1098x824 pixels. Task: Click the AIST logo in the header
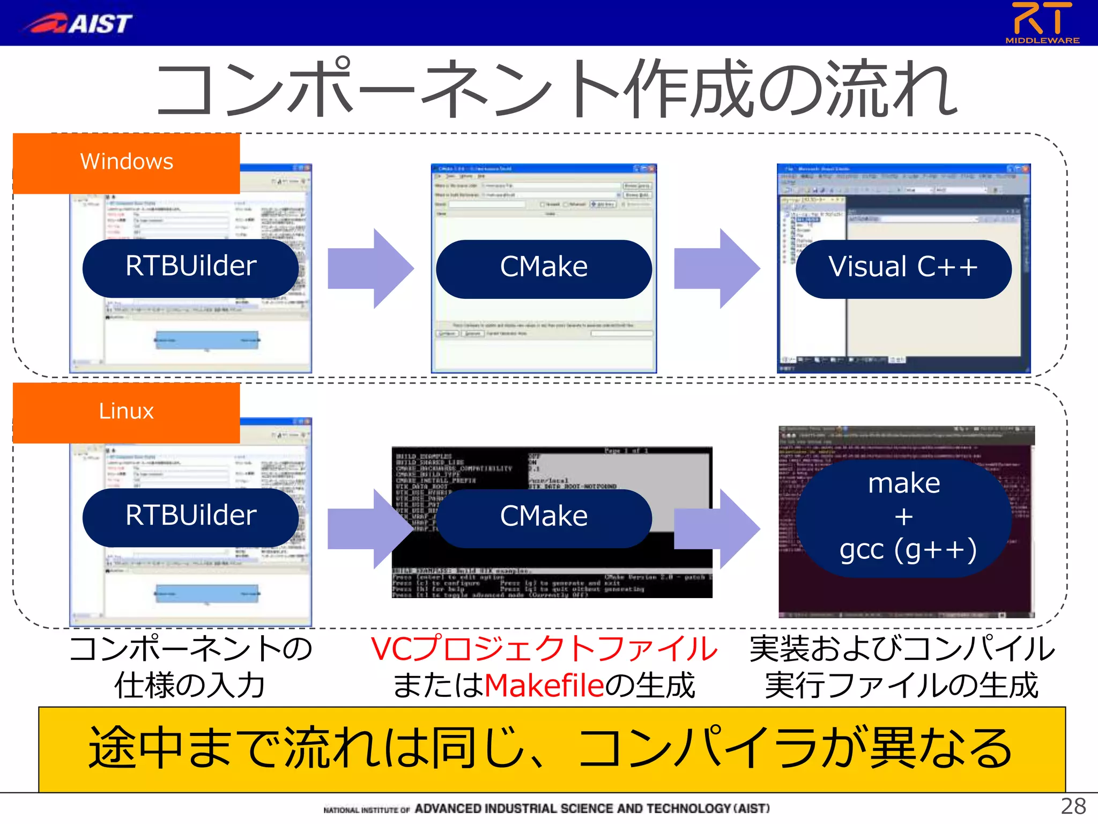pyautogui.click(x=78, y=23)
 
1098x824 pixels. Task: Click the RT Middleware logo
pyautogui.click(x=1042, y=23)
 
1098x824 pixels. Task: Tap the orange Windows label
pyautogui.click(x=127, y=163)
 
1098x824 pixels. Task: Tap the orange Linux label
pyautogui.click(x=127, y=412)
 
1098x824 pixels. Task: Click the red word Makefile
pyautogui.click(x=544, y=686)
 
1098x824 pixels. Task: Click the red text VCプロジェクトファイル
pyautogui.click(x=544, y=649)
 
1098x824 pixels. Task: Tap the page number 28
pyautogui.click(x=1073, y=806)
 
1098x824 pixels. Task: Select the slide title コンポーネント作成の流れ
pyautogui.click(x=556, y=89)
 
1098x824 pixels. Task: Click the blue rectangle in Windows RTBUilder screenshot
pyautogui.click(x=207, y=340)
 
